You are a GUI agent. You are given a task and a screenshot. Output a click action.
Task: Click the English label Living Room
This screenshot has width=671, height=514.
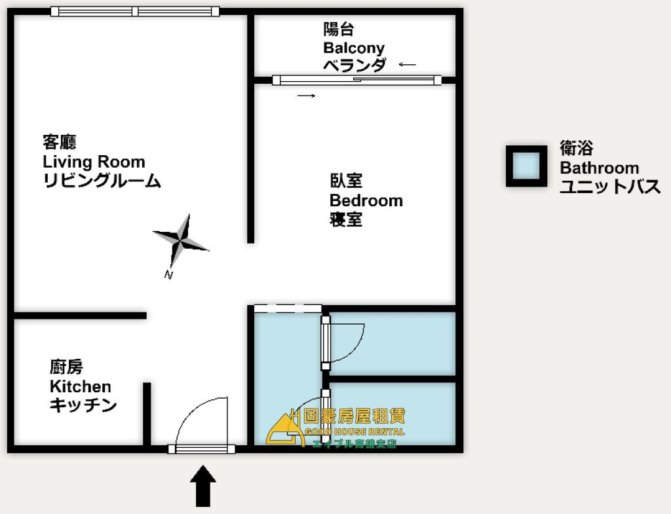pyautogui.click(x=94, y=162)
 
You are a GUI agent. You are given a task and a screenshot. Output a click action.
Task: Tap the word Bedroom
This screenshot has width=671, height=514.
pyautogui.click(x=366, y=200)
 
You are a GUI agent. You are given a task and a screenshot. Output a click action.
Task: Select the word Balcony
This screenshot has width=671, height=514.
pyautogui.click(x=354, y=48)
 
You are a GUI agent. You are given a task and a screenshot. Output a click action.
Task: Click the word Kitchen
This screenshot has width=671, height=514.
pyautogui.click(x=81, y=386)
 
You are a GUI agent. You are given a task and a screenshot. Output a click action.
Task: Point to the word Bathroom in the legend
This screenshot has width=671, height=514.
pyautogui.click(x=599, y=168)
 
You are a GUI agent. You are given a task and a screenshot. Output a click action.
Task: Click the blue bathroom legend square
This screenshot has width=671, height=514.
pyautogui.click(x=526, y=166)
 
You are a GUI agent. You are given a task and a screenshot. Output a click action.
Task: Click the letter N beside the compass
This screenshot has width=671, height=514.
pyautogui.click(x=168, y=275)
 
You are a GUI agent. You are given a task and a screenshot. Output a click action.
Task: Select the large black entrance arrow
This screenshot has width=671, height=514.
pyautogui.click(x=203, y=486)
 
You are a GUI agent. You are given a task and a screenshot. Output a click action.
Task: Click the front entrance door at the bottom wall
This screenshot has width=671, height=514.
pyautogui.click(x=201, y=449)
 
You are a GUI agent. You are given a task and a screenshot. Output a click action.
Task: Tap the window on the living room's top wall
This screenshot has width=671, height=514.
pyautogui.click(x=135, y=12)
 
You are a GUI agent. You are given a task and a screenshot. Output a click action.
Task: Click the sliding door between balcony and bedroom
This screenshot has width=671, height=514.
pyautogui.click(x=357, y=80)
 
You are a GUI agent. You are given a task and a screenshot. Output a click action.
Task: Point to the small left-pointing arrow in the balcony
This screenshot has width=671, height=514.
pyautogui.click(x=407, y=65)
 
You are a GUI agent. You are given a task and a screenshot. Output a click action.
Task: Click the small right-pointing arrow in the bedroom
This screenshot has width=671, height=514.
pyautogui.click(x=307, y=96)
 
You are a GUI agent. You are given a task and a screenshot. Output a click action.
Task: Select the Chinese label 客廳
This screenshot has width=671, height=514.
pyautogui.click(x=60, y=142)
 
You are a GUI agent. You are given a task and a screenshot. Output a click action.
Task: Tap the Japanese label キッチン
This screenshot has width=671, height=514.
pyautogui.click(x=83, y=405)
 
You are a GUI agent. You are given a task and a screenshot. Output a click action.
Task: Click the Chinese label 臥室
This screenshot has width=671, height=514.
pyautogui.click(x=346, y=181)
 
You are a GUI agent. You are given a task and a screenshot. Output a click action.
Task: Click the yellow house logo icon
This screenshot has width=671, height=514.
pyautogui.click(x=283, y=429)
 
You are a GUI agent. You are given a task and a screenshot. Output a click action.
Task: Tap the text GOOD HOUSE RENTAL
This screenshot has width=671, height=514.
pyautogui.click(x=355, y=432)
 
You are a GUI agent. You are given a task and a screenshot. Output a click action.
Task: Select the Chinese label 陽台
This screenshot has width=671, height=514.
pyautogui.click(x=339, y=29)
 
